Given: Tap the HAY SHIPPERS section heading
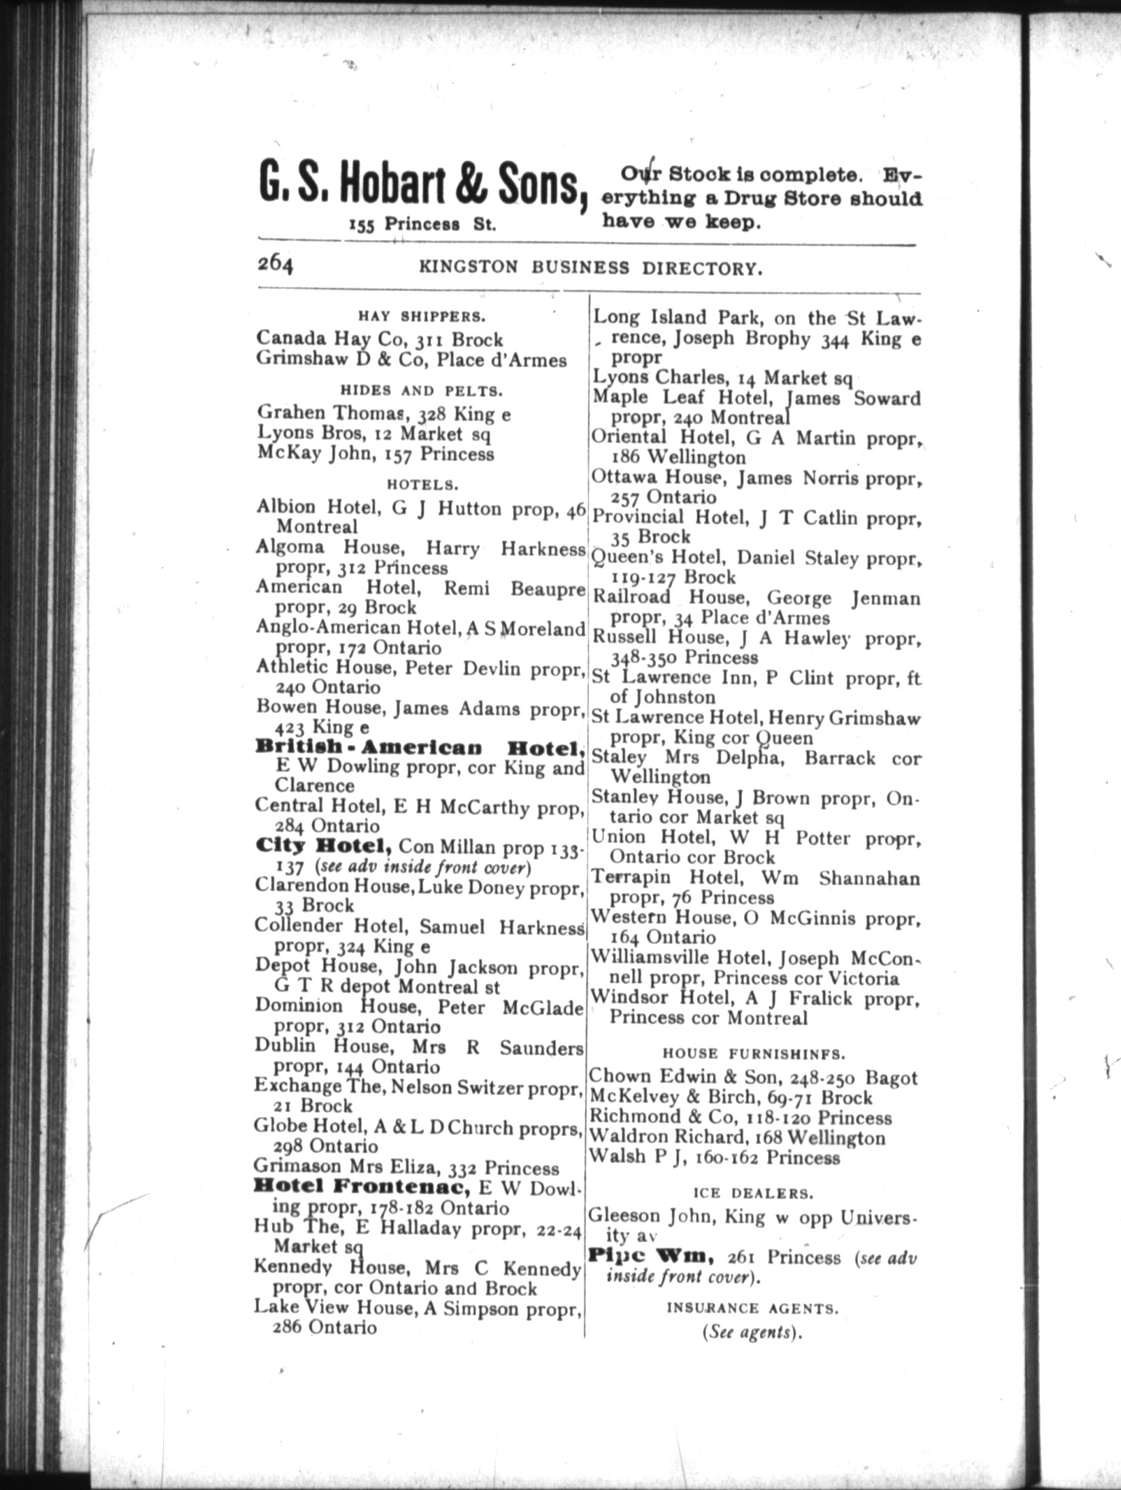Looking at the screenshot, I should pos(421,316).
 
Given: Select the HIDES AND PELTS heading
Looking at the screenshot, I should pos(421,391).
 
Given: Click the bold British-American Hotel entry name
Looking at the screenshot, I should pos(420,748).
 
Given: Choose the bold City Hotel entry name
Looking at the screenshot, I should pos(323,846).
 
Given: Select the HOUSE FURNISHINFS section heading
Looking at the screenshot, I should pos(754,1054).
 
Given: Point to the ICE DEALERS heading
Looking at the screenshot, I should pos(752,1193).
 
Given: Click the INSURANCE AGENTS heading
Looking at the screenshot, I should pos(752,1307).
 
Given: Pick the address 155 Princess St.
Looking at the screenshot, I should pos(422,225).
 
